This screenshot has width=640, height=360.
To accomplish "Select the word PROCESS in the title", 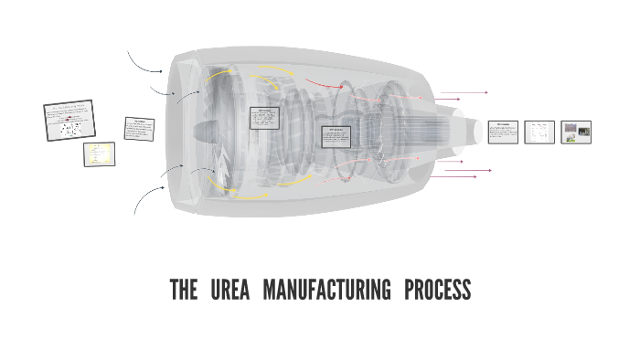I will click(437, 291).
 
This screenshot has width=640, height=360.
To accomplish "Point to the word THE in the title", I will click(184, 291).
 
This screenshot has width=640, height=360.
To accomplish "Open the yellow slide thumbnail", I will click(100, 154).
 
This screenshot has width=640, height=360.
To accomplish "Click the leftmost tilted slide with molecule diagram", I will click(69, 121).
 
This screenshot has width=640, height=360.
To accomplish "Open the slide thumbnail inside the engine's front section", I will click(264, 118).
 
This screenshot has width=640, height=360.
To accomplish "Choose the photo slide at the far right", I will click(576, 132).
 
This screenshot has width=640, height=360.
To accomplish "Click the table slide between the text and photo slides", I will click(539, 132).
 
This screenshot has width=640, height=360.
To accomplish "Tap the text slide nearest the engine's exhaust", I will click(503, 132).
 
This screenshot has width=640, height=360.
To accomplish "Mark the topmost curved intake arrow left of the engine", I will click(144, 62).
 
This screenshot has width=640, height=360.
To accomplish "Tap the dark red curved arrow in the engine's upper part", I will click(325, 84).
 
